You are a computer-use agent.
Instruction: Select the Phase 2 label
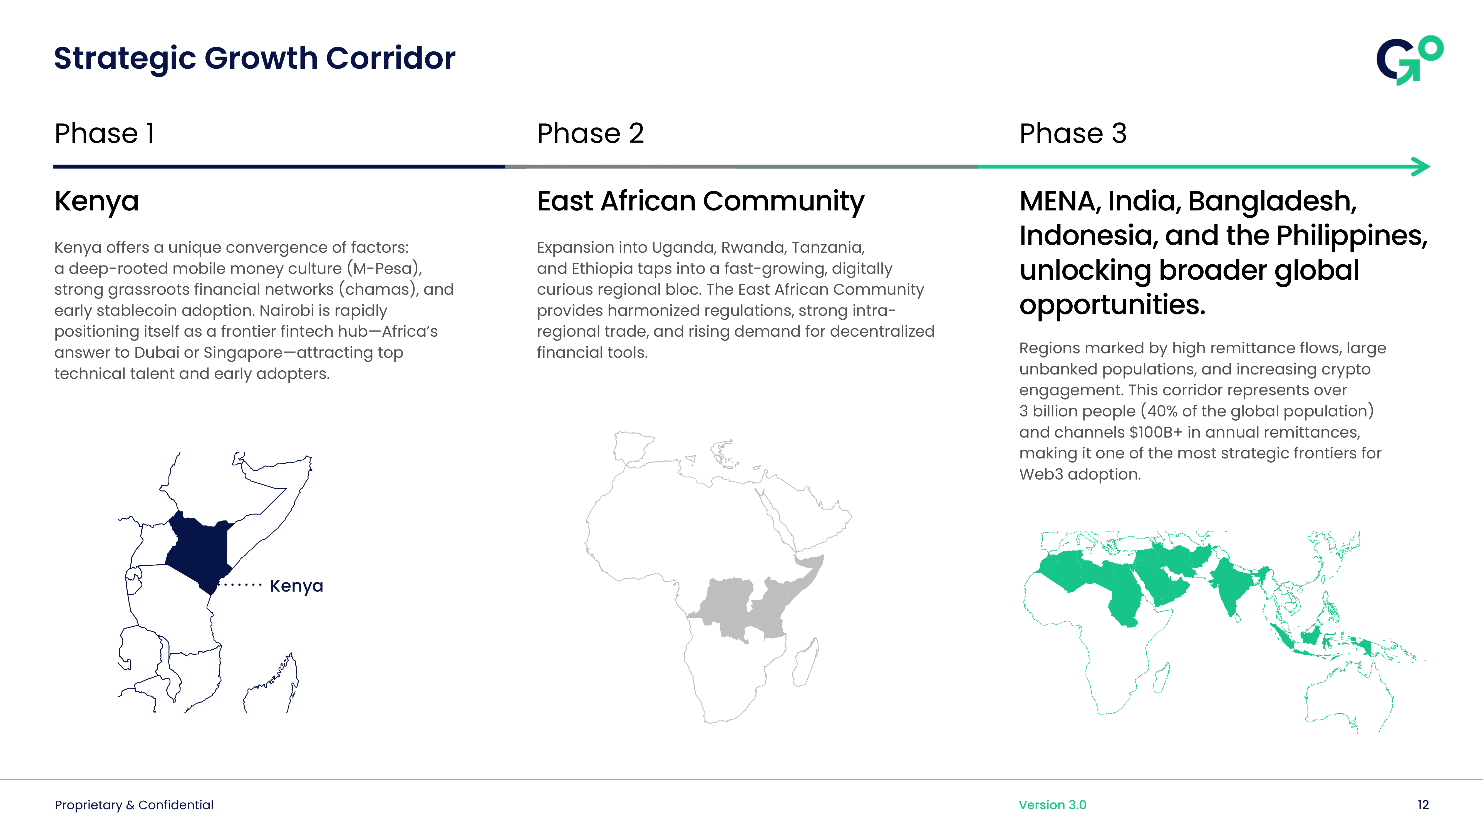coord(590,133)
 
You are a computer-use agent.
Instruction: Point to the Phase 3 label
coord(1073,133)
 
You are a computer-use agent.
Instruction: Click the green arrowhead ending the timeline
coord(1422,167)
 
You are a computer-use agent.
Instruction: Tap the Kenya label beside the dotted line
coord(296,586)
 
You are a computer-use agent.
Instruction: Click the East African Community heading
coord(701,202)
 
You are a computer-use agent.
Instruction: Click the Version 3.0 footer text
coord(1052,805)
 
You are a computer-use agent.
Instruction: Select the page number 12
coord(1423,805)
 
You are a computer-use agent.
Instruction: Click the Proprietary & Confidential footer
coord(134,805)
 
